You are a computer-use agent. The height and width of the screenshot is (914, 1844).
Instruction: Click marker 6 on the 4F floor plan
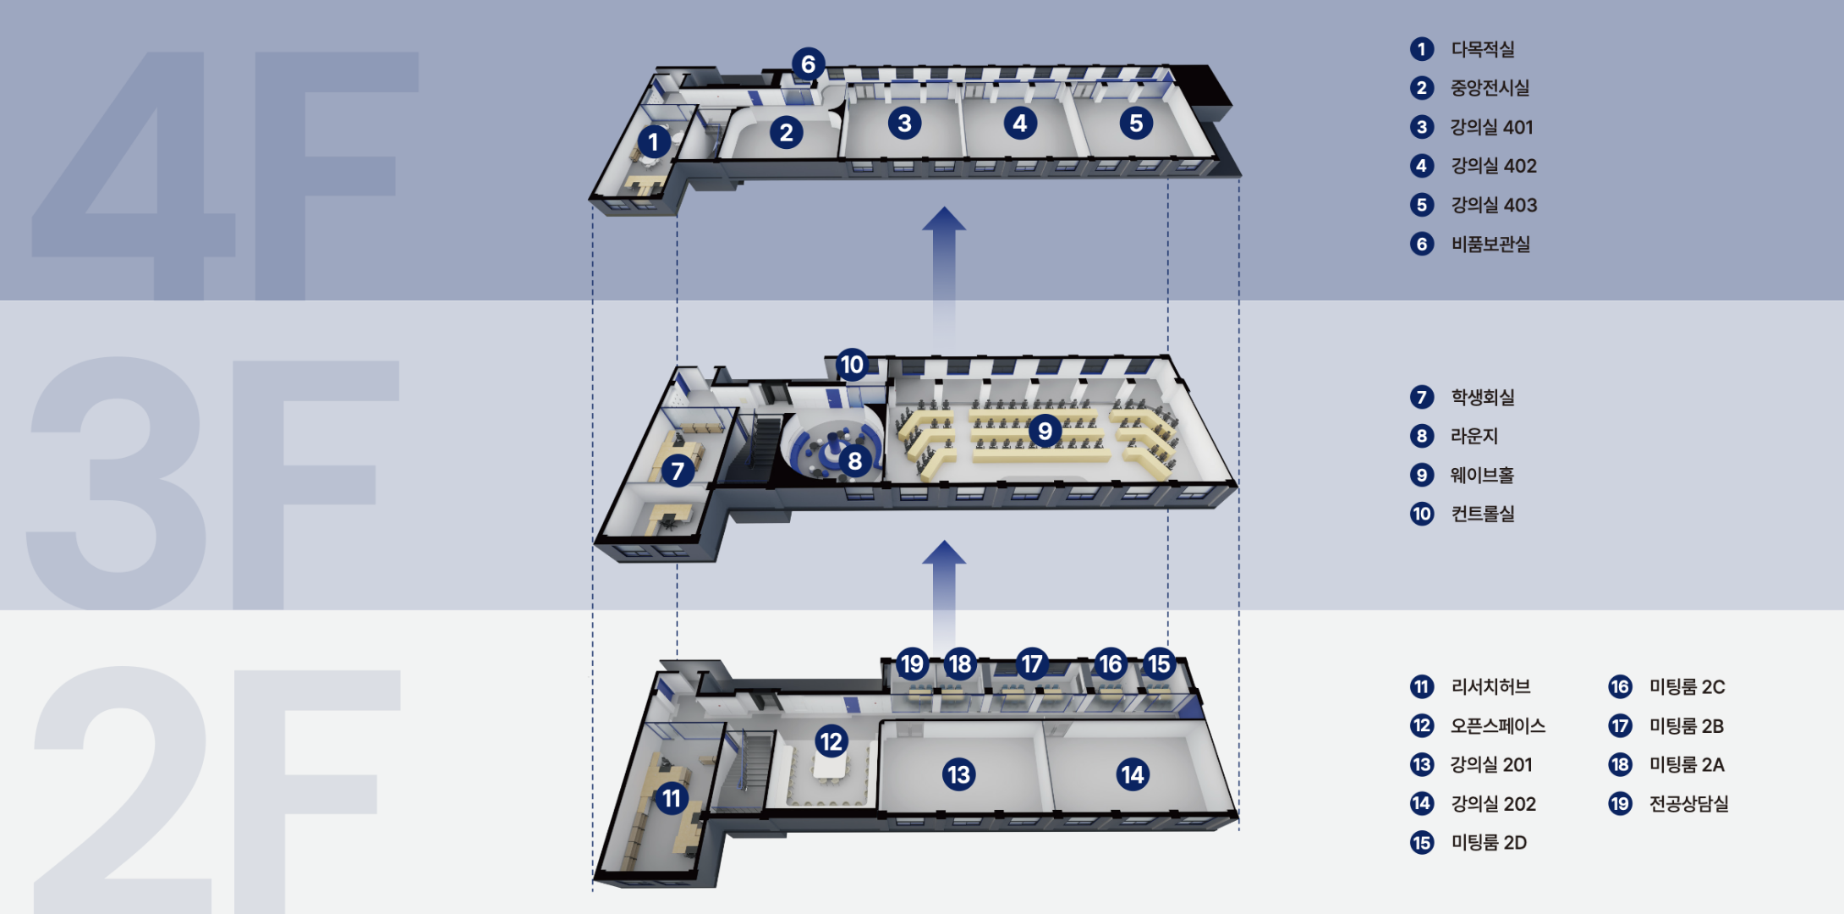808,64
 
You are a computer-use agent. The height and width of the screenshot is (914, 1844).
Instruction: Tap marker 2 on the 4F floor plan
787,132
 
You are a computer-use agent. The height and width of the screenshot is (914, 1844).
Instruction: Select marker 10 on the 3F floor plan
852,365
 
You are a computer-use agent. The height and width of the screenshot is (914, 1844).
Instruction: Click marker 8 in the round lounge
855,460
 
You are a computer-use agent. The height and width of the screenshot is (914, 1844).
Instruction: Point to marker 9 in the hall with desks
1045,431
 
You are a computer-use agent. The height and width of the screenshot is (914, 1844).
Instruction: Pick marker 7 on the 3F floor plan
678,471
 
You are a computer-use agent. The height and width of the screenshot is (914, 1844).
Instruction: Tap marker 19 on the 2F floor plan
912,663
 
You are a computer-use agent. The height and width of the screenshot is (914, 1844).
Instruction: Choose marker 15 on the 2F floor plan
1159,663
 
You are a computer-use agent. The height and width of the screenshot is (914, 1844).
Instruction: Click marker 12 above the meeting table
831,741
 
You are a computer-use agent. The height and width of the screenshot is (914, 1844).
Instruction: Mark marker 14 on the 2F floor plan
1133,774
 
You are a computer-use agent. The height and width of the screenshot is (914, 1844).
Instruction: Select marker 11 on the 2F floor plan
672,798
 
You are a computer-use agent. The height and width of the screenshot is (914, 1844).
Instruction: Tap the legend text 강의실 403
1494,205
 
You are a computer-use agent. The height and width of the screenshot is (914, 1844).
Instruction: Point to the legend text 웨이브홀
1482,475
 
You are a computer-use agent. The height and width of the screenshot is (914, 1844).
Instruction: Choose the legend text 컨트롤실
1482,514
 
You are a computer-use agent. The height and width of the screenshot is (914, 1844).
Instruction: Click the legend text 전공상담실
1688,803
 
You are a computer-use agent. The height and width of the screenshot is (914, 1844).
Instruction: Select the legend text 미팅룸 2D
1489,842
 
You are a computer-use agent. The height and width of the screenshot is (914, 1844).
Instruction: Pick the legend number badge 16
1620,686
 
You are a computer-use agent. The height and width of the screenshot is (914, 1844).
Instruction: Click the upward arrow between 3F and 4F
944,275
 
